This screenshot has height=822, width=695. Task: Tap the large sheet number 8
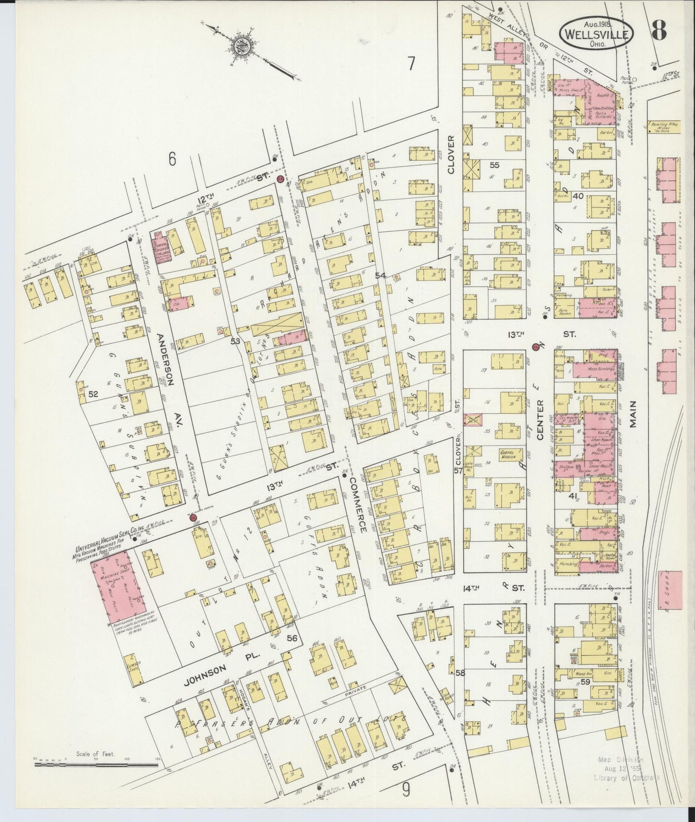tap(659, 29)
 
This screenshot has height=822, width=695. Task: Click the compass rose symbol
tap(239, 47)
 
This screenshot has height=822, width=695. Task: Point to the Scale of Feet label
tap(96, 754)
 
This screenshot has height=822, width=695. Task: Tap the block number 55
tap(494, 165)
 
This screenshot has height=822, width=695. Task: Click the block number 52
tap(93, 394)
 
